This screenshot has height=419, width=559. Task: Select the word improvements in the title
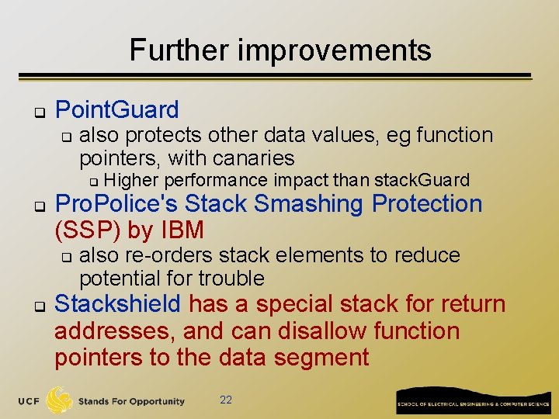pos(335,50)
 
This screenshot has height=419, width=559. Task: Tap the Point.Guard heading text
pos(117,110)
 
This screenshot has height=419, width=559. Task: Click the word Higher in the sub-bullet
pos(130,181)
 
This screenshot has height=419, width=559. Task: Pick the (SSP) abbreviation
pos(82,230)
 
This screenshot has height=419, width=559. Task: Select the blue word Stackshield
pos(117,303)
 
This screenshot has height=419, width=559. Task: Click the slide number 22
pos(226,400)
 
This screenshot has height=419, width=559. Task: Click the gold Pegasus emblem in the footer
pos(60,400)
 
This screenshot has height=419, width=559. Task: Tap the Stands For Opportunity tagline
pos(131,401)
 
